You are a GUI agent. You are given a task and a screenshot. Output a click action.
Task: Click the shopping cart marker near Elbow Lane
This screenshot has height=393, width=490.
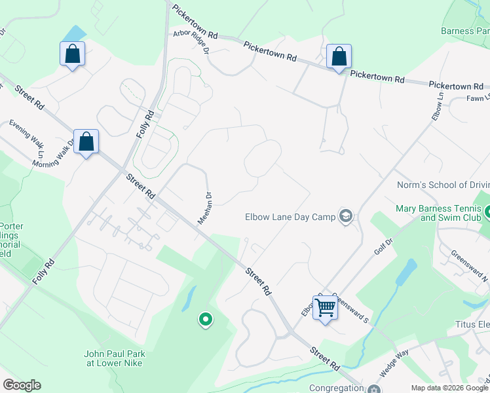(325, 307)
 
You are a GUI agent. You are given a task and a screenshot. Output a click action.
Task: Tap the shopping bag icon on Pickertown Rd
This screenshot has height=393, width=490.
(339, 57)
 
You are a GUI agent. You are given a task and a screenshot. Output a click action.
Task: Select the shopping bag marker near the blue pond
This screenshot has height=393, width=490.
(72, 54)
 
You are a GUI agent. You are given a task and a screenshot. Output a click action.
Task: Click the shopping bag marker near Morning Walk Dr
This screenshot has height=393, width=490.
(86, 142)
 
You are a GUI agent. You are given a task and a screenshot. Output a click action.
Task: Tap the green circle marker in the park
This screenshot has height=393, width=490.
(206, 320)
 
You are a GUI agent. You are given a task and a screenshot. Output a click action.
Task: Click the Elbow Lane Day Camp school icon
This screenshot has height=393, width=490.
(345, 217)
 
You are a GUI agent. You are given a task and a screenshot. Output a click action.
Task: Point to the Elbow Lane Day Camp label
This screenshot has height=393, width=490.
(289, 217)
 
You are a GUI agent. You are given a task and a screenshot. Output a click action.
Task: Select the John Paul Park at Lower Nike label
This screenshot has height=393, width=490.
(113, 358)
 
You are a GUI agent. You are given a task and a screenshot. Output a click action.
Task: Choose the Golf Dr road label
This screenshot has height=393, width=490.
(383, 246)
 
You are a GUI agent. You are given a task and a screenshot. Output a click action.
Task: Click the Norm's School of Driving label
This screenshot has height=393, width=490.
(443, 185)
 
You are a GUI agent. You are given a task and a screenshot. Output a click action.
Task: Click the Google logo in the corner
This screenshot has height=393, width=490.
(22, 385)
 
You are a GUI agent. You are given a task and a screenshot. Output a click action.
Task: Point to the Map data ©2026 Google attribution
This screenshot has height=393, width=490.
(449, 388)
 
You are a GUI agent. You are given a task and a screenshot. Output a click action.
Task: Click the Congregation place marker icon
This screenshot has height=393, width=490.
(374, 389)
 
